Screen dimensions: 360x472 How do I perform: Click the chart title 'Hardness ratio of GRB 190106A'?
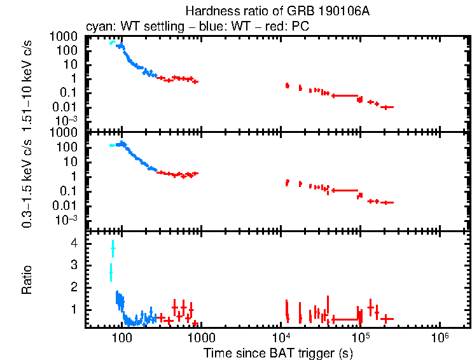coord(278,11)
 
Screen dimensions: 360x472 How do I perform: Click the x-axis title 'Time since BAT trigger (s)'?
coord(278,352)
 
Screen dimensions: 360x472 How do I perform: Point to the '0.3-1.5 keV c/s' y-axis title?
coord(27,182)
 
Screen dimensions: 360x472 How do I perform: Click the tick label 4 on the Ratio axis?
coord(74,244)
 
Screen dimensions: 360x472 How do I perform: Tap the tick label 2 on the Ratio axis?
coord(74,287)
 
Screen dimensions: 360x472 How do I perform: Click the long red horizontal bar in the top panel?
coord(344,95)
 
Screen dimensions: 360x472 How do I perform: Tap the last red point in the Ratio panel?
coord(386,319)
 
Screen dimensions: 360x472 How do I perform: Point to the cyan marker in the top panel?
coord(112,43)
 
